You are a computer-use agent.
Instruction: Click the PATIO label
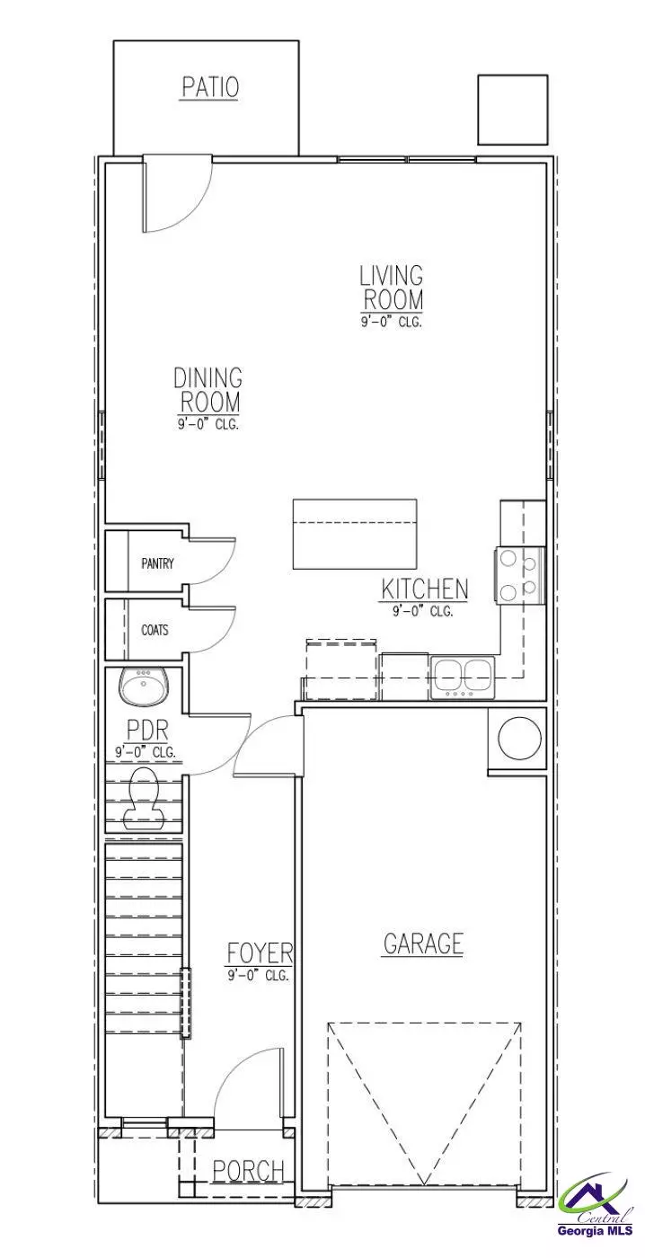210,87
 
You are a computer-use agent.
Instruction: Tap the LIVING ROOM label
392,288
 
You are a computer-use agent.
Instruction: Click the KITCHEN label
424,590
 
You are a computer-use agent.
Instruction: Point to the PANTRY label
157,564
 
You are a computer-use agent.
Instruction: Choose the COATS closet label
155,630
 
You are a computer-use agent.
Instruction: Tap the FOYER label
259,953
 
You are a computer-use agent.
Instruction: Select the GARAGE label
423,944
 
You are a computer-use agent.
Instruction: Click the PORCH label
249,1171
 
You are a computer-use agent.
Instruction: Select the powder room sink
143,690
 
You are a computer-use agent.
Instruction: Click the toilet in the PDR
144,794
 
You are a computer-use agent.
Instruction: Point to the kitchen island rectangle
355,534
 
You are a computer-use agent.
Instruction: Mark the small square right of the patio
512,109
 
